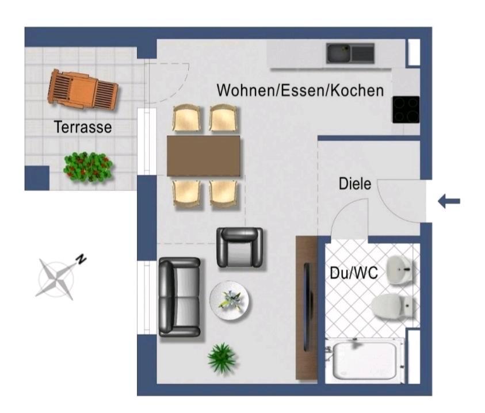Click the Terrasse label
click(x=83, y=127)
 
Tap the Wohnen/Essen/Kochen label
click(x=300, y=90)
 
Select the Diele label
click(x=354, y=185)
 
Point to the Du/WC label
click(x=354, y=273)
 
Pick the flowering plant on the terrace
click(x=88, y=167)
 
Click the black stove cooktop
click(x=406, y=109)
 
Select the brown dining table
click(x=204, y=156)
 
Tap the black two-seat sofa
click(x=180, y=297)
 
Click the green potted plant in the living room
click(x=223, y=358)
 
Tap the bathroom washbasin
click(x=400, y=269)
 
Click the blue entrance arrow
click(x=449, y=201)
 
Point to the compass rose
click(x=56, y=278)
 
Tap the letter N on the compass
click(x=82, y=258)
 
